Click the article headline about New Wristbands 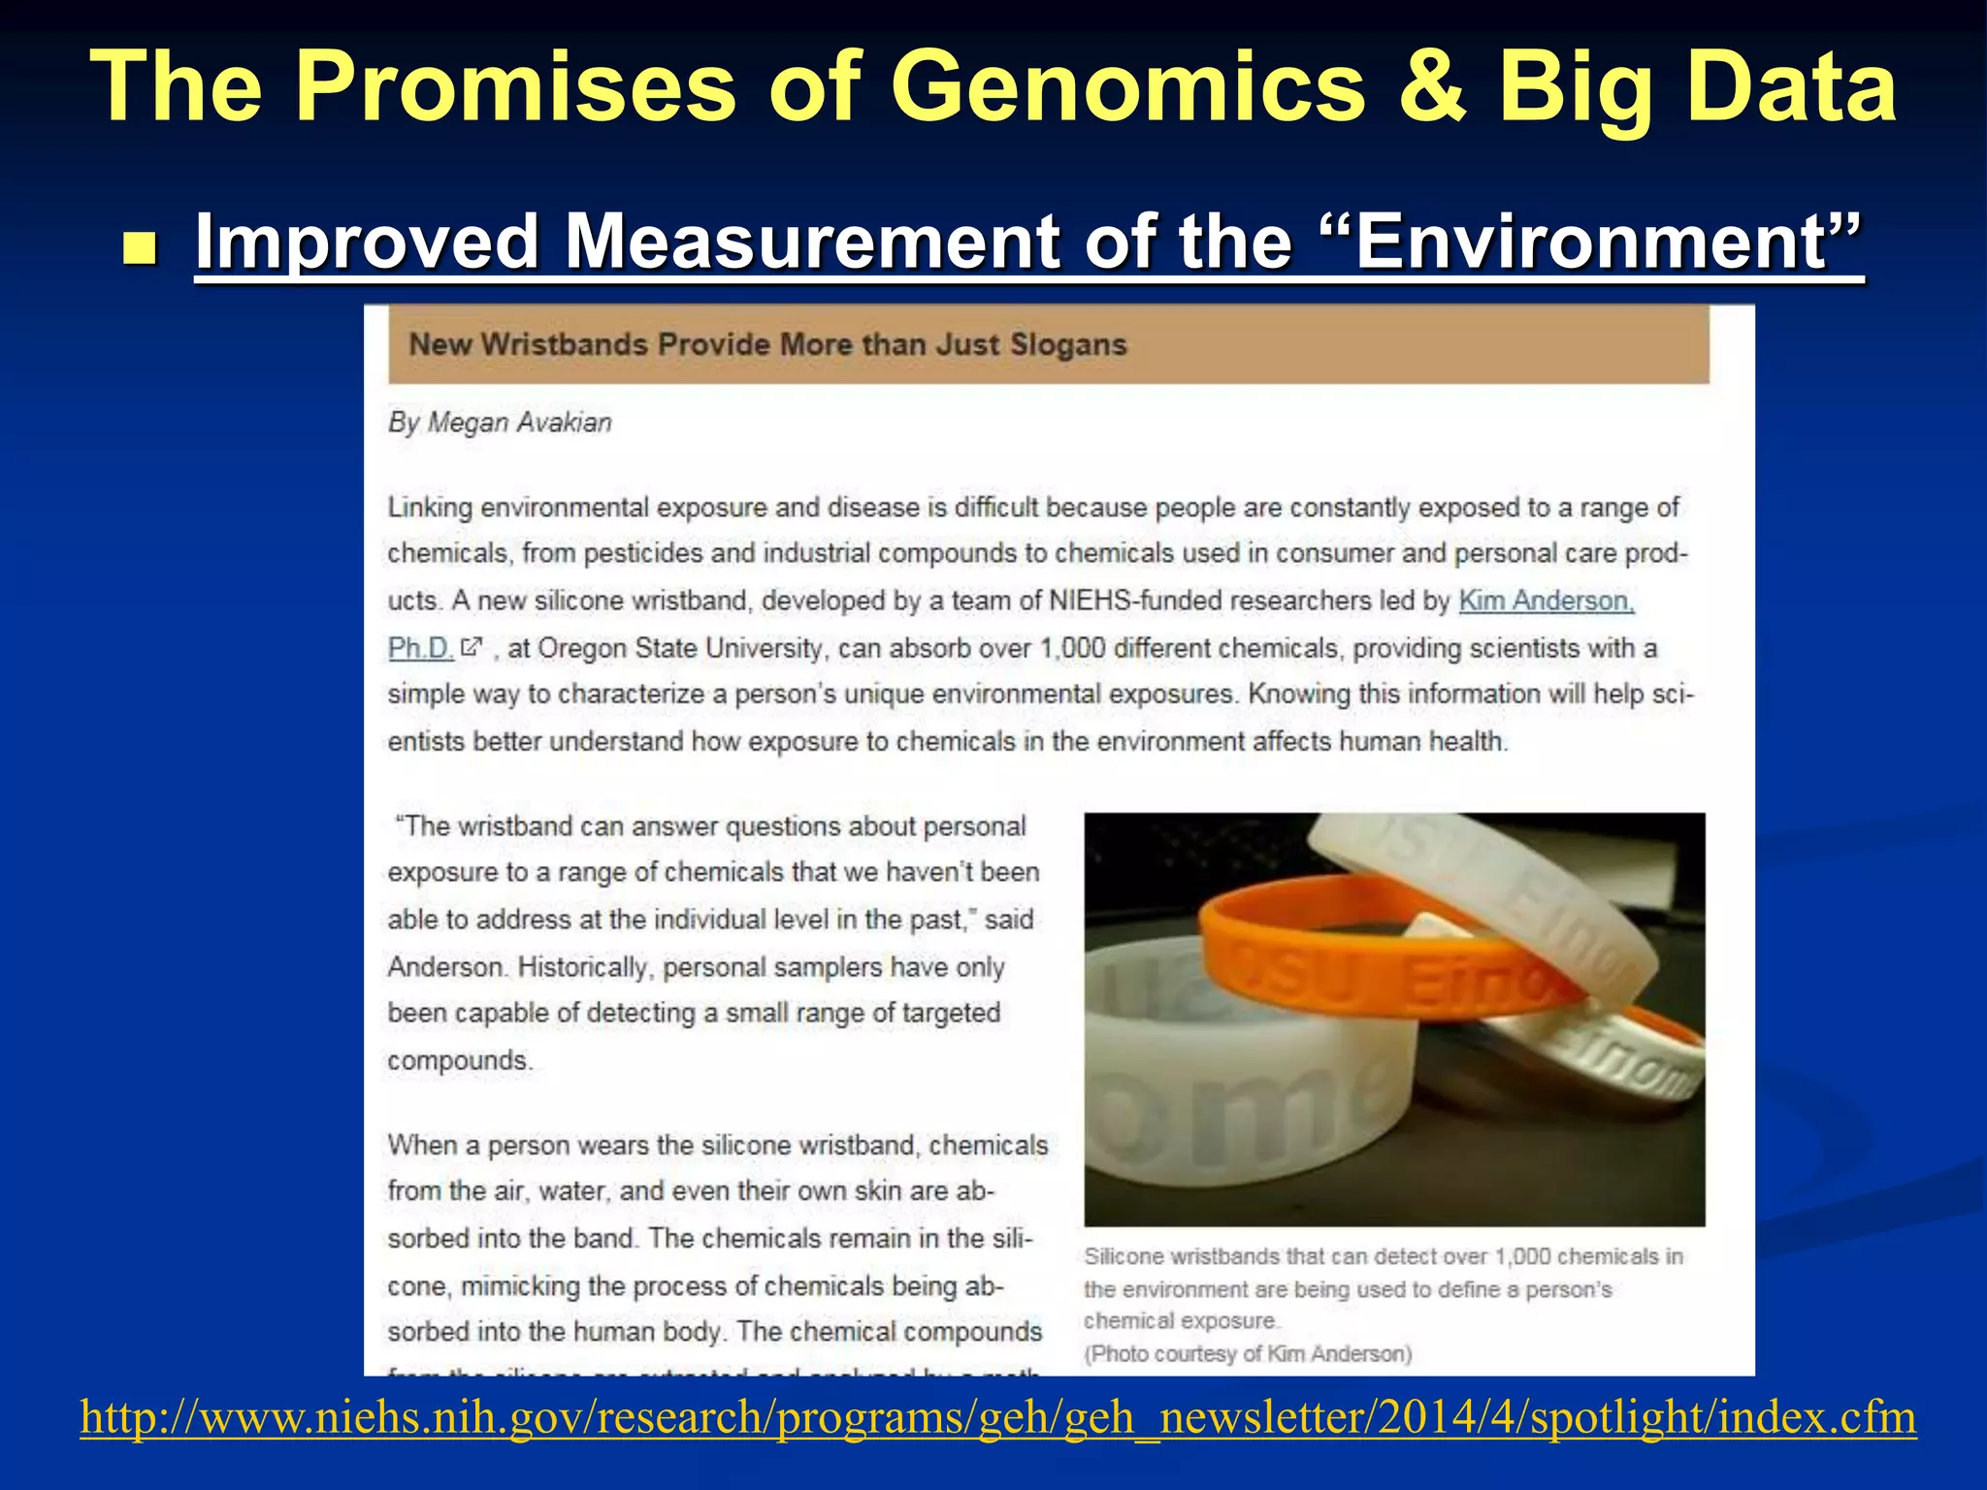tap(767, 344)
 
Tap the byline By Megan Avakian tap(500, 423)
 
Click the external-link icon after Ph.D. tap(471, 646)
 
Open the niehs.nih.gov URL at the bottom tap(997, 1417)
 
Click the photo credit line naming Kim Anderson tap(1248, 1354)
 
